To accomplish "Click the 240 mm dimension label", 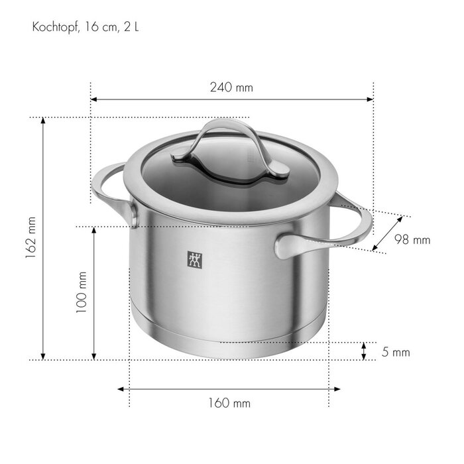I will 231,87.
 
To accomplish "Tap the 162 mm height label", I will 30,239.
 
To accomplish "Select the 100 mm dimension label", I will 82,293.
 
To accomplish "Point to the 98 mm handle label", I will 412,240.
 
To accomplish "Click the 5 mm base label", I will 396,352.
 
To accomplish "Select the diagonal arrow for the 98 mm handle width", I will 387,233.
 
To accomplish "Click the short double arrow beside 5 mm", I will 364,351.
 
